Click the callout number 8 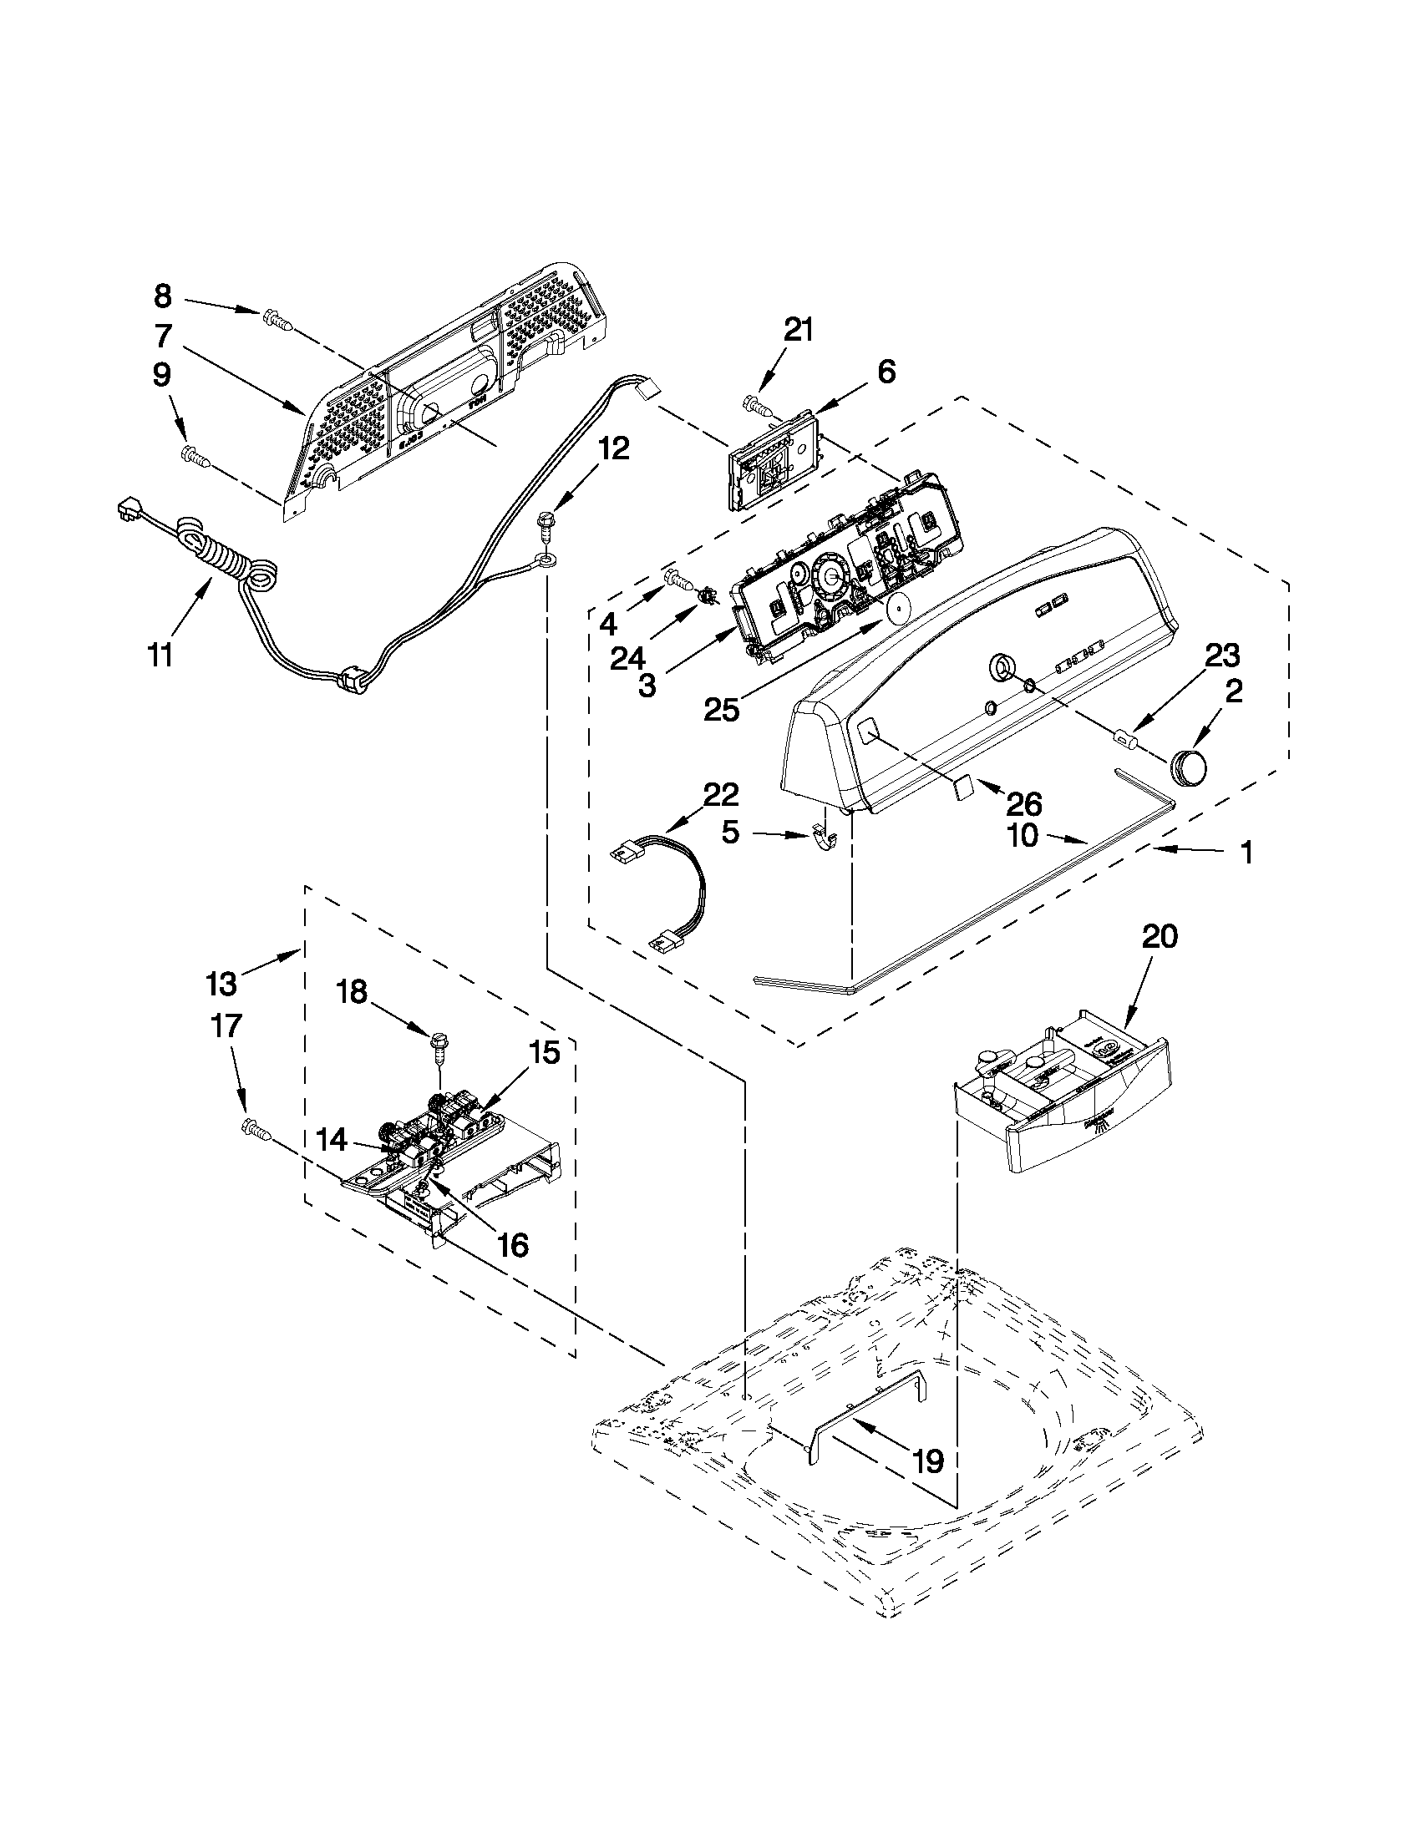tap(162, 296)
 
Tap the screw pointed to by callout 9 tap(195, 456)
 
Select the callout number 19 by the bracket tap(927, 1461)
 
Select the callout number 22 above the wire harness tap(721, 795)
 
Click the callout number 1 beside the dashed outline tap(1246, 853)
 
